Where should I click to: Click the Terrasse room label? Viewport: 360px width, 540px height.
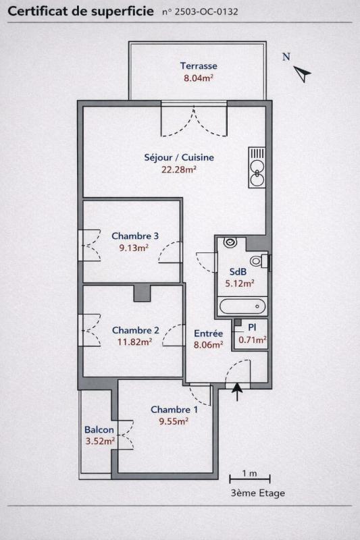coord(199,65)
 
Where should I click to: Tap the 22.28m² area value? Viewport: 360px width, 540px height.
coord(179,169)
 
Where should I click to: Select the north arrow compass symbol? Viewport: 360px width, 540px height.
coord(302,74)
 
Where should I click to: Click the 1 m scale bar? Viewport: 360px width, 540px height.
coord(250,479)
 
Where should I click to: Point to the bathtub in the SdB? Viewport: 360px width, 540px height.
coord(242,306)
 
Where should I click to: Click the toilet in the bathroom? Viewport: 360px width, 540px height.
coord(259,261)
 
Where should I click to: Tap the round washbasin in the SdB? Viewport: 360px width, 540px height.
coord(230,242)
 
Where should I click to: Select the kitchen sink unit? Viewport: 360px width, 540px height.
coord(257,167)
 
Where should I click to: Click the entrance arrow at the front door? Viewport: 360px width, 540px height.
coord(237,391)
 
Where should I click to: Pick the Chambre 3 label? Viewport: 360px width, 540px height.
coord(135,236)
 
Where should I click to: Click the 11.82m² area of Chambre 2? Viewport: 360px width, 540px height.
coord(134,342)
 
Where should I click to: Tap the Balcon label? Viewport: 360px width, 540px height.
coord(99,430)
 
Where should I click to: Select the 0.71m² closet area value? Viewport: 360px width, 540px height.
coord(253,340)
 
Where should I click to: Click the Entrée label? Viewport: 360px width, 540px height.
coord(208,333)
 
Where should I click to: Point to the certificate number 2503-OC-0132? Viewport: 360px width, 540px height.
coord(206,11)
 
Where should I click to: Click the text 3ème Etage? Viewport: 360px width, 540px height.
coord(258,493)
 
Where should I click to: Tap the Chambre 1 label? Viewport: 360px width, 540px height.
coord(174,410)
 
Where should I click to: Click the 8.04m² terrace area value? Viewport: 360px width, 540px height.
coord(199,78)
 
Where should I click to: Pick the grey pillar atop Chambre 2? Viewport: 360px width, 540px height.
coord(142,293)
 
